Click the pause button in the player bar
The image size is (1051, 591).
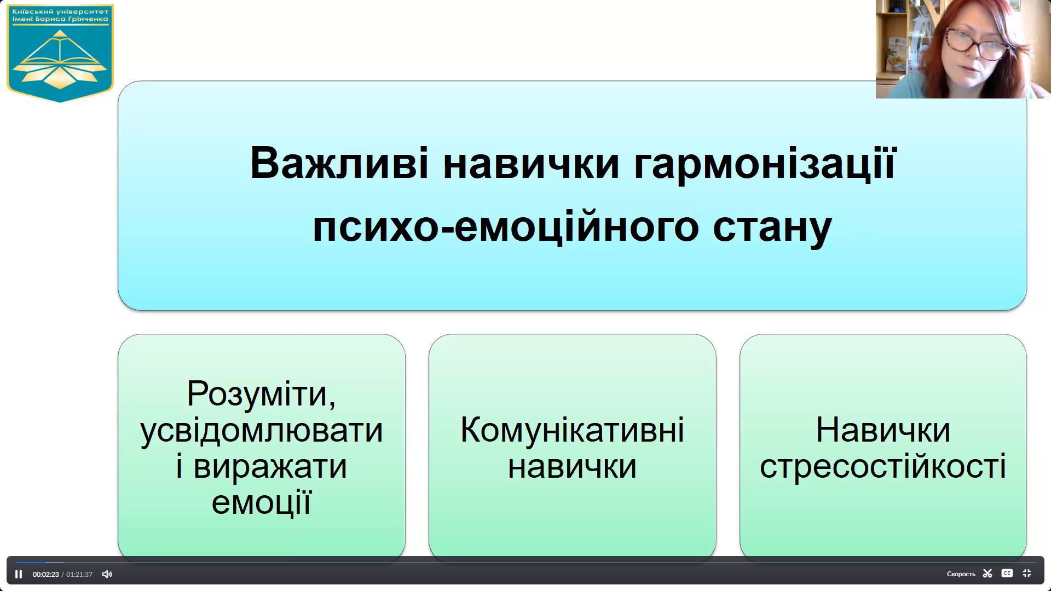19,574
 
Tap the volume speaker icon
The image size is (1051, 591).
107,574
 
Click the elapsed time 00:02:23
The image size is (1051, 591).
45,575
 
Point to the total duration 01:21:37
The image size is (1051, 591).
79,575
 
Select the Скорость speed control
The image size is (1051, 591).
961,574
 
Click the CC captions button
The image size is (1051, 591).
1007,573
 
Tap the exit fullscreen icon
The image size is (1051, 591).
1027,573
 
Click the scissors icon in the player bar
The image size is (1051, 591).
988,573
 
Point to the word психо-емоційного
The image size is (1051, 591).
505,227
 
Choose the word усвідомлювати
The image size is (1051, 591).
262,430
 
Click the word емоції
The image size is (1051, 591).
262,502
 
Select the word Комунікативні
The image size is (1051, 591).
572,430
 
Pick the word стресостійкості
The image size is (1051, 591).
882,466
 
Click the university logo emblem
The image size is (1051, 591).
60,54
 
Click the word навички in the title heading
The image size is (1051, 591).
530,163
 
